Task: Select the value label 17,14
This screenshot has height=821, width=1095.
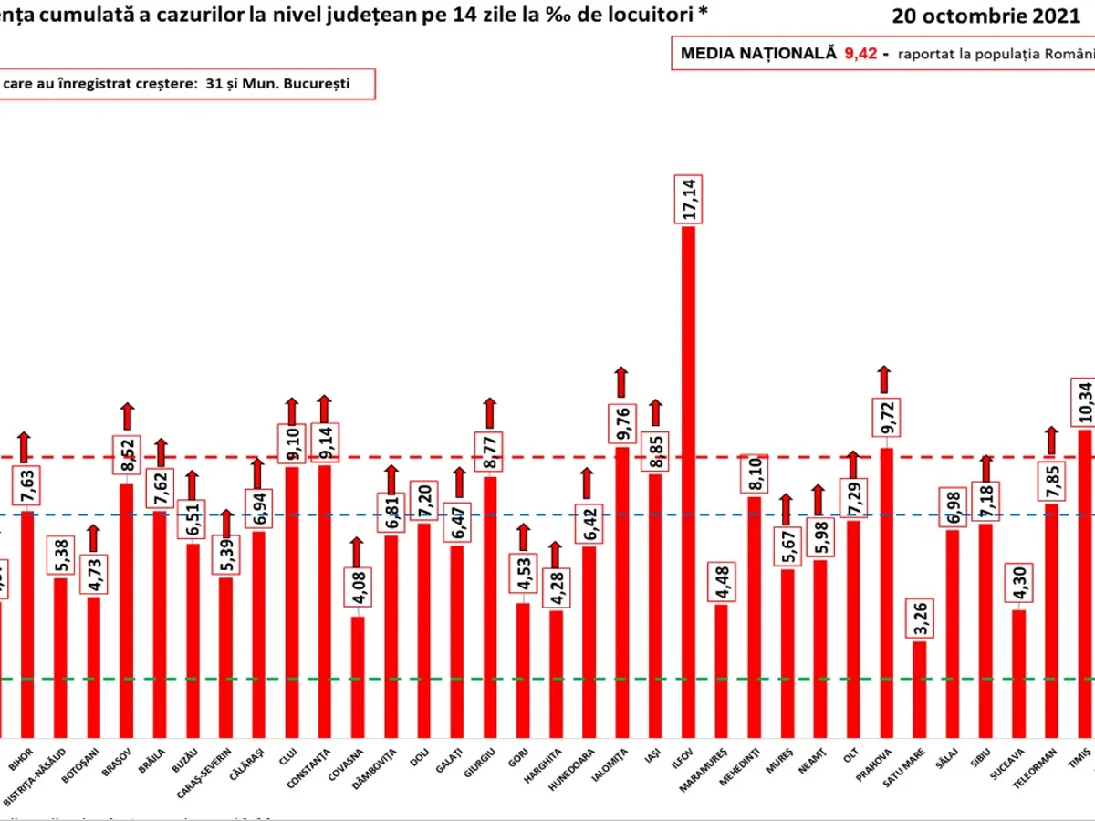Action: click(x=687, y=198)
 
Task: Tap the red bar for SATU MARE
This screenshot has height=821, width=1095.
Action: click(x=919, y=688)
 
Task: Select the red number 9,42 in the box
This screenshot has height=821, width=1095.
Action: click(x=860, y=53)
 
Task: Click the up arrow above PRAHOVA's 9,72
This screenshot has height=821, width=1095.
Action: click(x=883, y=379)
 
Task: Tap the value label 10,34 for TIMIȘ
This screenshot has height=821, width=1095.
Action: click(x=1084, y=402)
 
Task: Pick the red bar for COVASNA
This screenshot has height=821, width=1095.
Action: click(x=358, y=675)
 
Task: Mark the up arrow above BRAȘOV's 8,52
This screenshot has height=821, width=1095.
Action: click(x=127, y=416)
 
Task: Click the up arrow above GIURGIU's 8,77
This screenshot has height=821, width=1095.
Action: click(x=490, y=413)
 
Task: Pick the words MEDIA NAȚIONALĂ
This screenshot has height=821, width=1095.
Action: click(x=758, y=53)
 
